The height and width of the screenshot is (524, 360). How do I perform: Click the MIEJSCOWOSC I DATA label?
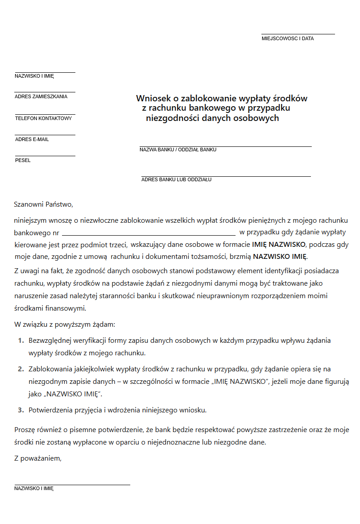pyautogui.click(x=287, y=38)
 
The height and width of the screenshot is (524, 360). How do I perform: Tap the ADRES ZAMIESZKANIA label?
pyautogui.click(x=41, y=96)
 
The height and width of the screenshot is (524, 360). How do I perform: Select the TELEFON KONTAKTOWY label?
pyautogui.click(x=43, y=118)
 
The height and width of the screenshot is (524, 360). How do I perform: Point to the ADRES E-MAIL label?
pyautogui.click(x=32, y=139)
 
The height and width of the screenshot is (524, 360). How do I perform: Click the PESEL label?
pyautogui.click(x=23, y=160)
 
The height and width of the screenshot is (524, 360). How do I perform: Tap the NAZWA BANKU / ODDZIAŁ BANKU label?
pyautogui.click(x=178, y=150)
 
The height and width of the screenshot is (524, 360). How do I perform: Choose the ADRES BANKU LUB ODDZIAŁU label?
pyautogui.click(x=176, y=179)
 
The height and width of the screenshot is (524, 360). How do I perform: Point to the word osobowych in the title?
pyautogui.click(x=258, y=118)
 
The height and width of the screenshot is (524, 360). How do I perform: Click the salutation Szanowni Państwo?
pyautogui.click(x=43, y=205)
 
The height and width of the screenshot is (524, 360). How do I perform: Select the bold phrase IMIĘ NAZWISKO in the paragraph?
pyautogui.click(x=279, y=245)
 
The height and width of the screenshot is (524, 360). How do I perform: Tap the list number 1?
pyautogui.click(x=21, y=341)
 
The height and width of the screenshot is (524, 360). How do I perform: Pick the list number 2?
pyautogui.click(x=21, y=369)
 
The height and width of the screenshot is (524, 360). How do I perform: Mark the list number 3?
pyautogui.click(x=21, y=410)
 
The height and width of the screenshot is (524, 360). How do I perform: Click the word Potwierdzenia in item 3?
pyautogui.click(x=50, y=410)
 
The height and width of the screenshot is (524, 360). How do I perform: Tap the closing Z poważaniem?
pyautogui.click(x=37, y=458)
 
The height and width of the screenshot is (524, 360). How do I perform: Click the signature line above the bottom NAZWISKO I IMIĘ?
pyautogui.click(x=72, y=484)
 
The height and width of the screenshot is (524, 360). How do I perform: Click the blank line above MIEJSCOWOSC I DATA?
pyautogui.click(x=298, y=34)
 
